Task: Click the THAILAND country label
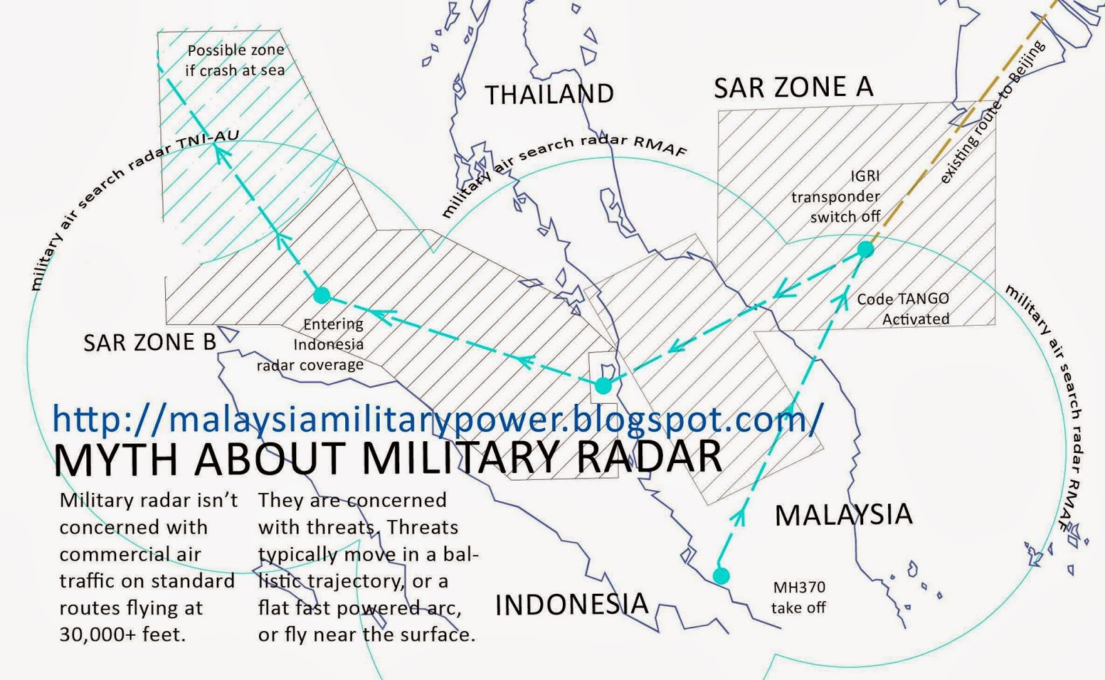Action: pos(549,95)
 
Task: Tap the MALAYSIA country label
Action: pos(843,515)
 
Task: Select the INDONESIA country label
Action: pos(572,605)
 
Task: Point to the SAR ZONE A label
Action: pos(794,88)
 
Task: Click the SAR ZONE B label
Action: pos(149,342)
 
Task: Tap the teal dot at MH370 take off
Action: pos(721,576)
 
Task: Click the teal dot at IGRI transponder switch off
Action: pos(865,249)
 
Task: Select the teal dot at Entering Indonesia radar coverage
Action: pos(321,295)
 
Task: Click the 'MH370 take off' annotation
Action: pos(798,598)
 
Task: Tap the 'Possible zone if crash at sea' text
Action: pos(235,60)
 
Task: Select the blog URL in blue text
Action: pos(438,418)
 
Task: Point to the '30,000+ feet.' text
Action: pos(122,634)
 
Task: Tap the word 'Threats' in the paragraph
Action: pos(422,527)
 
